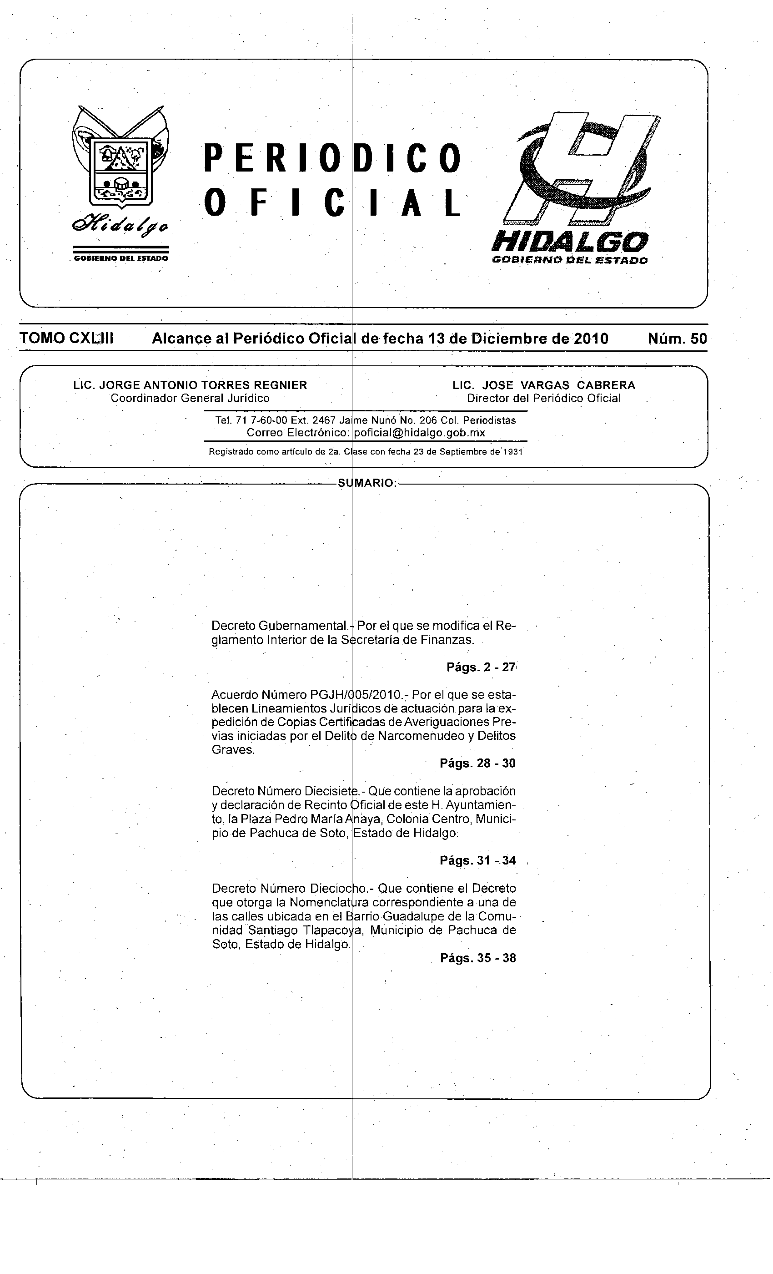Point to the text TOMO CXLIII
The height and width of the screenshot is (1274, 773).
coord(67,339)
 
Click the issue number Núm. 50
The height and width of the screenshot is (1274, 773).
coord(677,339)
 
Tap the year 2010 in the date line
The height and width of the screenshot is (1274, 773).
coord(591,339)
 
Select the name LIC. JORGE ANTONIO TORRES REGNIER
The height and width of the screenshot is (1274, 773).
coord(190,385)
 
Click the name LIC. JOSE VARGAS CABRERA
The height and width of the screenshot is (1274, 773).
coord(543,385)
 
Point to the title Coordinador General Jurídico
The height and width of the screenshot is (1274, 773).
coord(190,398)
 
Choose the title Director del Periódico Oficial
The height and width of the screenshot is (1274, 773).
coord(543,398)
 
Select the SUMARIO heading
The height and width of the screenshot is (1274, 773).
coord(367,483)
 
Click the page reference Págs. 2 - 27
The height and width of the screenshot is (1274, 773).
coord(481,667)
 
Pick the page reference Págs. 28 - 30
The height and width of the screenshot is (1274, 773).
coord(477,763)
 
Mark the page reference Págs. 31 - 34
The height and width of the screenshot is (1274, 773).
coord(477,860)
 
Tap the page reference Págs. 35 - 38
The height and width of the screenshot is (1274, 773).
coord(478,958)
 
